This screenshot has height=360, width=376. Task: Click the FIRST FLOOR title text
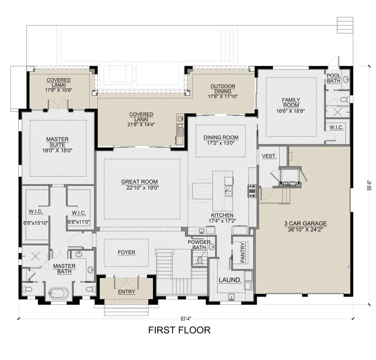179,330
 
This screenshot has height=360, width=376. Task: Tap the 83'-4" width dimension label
186,319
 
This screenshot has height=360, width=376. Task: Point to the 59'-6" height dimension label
369,185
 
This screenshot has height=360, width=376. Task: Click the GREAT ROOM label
139,182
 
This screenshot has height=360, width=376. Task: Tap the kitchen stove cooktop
252,191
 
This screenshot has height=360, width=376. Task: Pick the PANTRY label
243,253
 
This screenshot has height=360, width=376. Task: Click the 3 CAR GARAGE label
305,223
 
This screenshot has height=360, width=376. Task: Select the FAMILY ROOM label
291,102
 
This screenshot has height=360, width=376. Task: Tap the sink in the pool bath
346,79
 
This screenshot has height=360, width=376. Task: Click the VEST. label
269,156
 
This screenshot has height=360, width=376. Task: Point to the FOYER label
126,252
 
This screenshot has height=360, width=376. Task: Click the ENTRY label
127,292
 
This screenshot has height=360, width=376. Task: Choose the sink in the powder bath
212,247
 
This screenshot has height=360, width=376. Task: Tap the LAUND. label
230,280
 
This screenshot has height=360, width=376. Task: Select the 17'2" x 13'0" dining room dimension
221,143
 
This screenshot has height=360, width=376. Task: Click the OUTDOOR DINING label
223,89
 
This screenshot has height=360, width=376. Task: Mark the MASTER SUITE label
57,142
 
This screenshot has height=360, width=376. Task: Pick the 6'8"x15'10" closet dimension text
36,223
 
